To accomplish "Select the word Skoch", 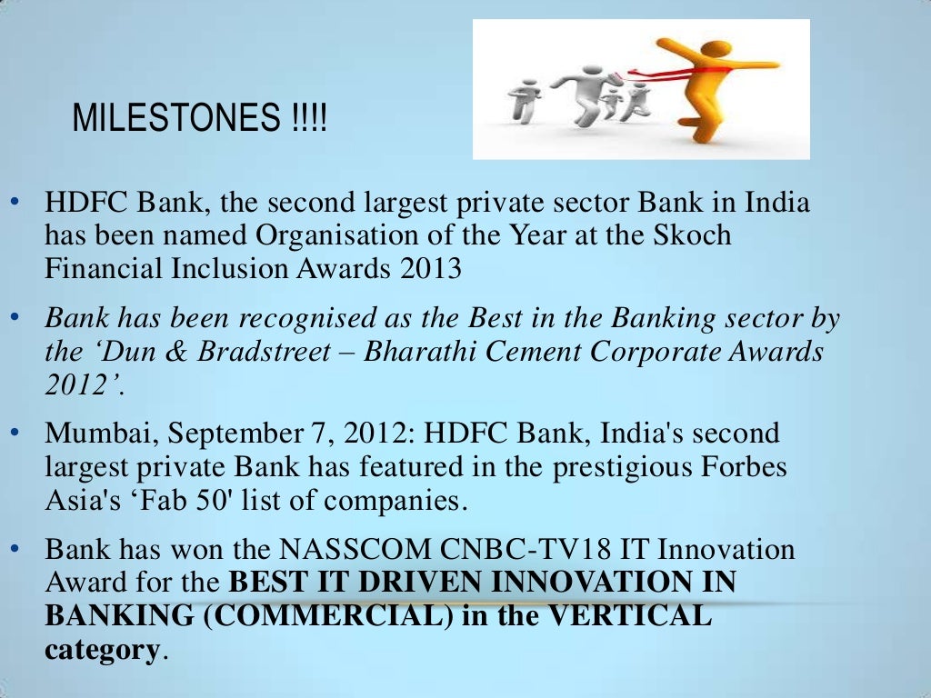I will (694, 235).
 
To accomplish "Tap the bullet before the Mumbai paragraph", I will (15, 433).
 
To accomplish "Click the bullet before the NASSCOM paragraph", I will (15, 549).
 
